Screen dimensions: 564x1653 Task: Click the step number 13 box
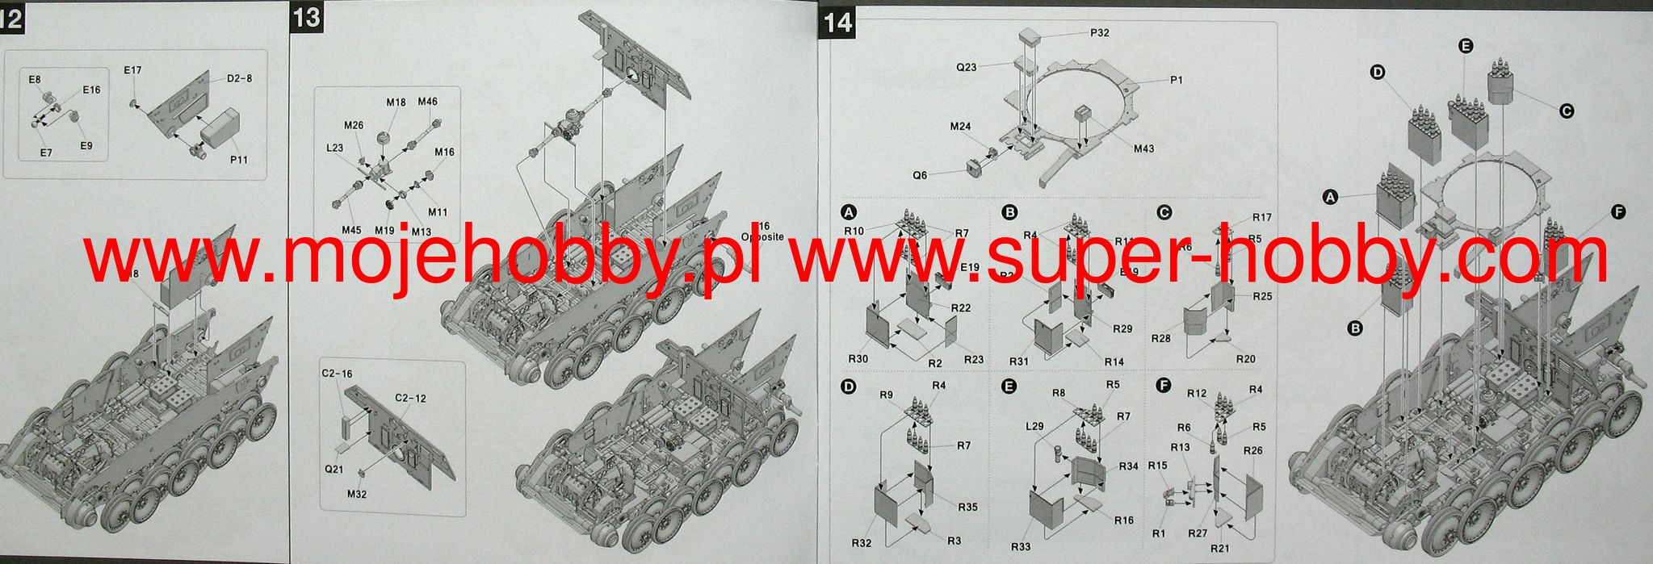pos(308,18)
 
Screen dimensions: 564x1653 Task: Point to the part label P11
pos(238,160)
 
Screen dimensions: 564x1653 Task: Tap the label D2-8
pos(239,78)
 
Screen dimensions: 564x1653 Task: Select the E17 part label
pos(133,70)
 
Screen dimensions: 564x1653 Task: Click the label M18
pos(396,102)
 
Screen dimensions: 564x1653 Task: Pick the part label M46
pos(428,102)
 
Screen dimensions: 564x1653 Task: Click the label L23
pos(335,148)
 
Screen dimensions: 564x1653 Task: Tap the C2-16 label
pos(337,374)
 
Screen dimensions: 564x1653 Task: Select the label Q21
pos(334,468)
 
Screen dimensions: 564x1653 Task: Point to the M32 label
pos(356,494)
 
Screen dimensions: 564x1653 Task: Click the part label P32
pos(1099,33)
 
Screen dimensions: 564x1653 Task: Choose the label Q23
pos(967,67)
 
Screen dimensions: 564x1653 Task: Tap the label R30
pos(858,359)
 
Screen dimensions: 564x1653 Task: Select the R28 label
pos(1161,338)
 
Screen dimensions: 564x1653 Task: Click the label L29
pos(1034,425)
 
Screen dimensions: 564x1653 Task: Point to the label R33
pos(1021,546)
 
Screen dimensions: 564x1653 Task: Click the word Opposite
pos(762,237)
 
